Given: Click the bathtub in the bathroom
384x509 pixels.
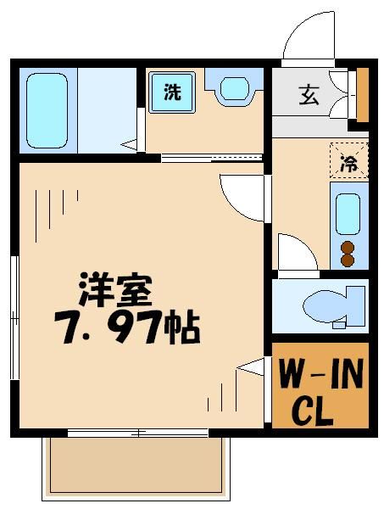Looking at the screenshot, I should [47, 110].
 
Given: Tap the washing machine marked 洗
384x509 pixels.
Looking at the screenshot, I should [172, 92].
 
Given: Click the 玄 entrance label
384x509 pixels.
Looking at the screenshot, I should [309, 94].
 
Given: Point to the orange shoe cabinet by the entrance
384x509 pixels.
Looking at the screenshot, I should [363, 93].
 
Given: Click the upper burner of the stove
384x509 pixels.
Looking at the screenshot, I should [348, 247].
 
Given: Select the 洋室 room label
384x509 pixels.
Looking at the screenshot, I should [116, 291].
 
